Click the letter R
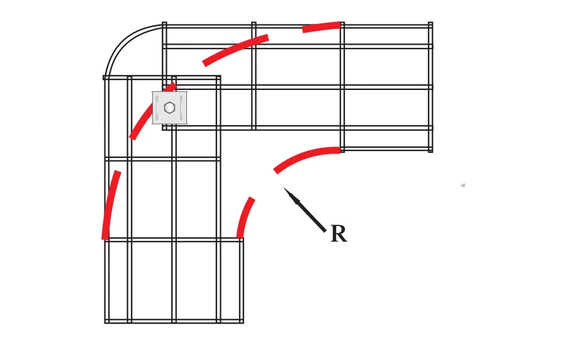point(339,234)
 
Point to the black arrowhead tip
point(283,188)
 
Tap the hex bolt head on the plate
point(169,108)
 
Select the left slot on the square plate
point(157,108)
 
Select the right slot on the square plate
point(181,108)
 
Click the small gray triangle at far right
point(463,185)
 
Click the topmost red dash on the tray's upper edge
point(321,27)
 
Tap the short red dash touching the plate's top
point(171,87)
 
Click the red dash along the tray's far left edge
point(110,205)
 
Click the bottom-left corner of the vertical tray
point(105,323)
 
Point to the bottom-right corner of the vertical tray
point(243,323)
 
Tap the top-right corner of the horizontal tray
point(432,23)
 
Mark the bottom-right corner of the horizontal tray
point(432,152)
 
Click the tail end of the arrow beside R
point(325,232)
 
